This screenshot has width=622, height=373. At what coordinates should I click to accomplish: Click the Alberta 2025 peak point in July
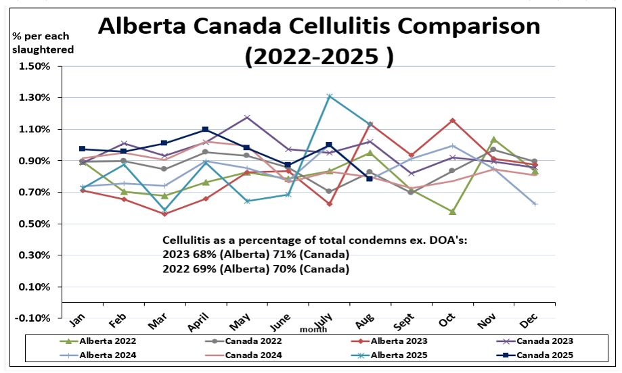330,96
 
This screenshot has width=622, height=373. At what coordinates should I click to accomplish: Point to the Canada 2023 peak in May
247,118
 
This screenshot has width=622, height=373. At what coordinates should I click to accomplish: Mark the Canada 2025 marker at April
205,129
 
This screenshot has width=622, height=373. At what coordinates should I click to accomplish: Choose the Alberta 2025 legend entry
399,355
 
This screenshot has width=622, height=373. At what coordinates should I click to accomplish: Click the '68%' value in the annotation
201,254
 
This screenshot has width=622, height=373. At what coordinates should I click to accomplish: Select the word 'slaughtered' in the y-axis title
43,49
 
